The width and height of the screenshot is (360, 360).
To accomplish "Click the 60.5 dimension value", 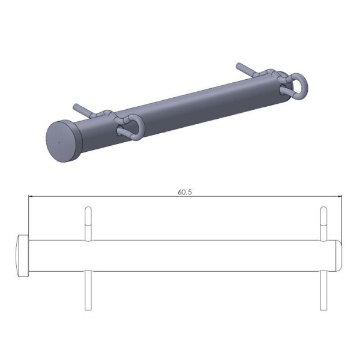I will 184,192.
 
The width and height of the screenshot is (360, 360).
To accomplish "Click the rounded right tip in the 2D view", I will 337,256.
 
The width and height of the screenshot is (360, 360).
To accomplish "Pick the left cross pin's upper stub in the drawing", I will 88,224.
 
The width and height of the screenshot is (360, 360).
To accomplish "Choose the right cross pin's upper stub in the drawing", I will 323,224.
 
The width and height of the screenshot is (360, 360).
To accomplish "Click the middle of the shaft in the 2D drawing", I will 180,256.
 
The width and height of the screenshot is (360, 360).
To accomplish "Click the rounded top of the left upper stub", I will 88,209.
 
